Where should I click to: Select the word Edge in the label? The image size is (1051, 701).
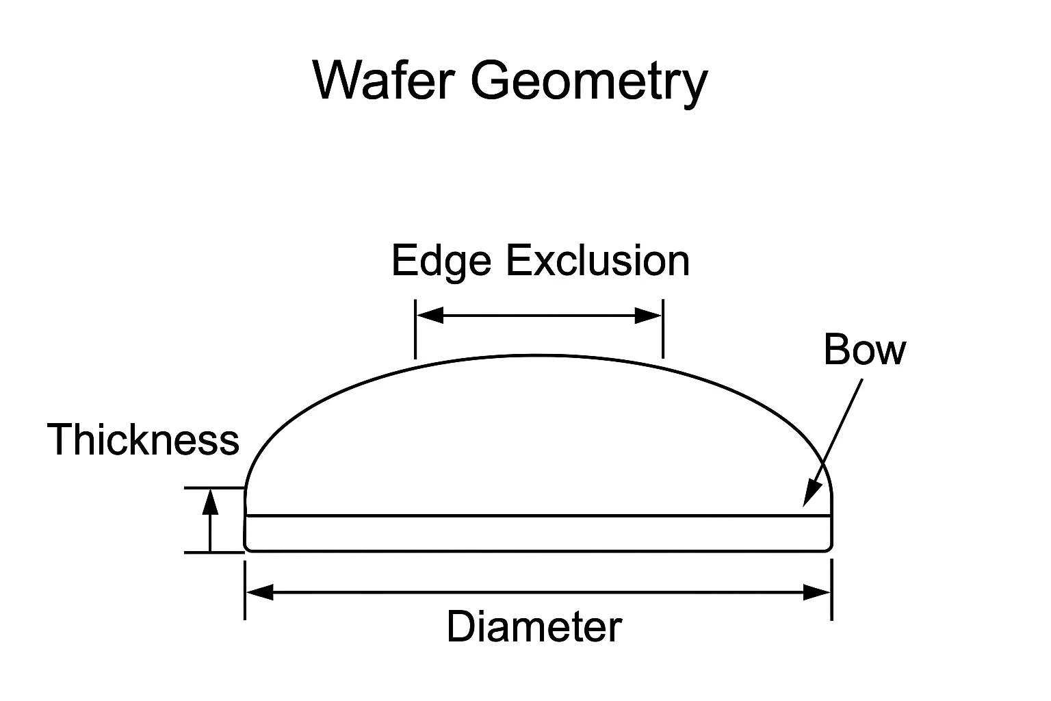441,261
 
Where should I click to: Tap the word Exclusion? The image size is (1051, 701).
598,261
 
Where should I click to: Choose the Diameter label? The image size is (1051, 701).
534,626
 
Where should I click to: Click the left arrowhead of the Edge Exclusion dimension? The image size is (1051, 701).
430,316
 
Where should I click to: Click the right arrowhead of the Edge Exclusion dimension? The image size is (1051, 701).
649,316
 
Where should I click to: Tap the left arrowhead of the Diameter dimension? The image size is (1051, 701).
260,592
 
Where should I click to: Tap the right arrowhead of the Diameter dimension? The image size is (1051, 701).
817,592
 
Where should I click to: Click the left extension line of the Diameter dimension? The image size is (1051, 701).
245,590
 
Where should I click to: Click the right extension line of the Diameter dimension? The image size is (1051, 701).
831,590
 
